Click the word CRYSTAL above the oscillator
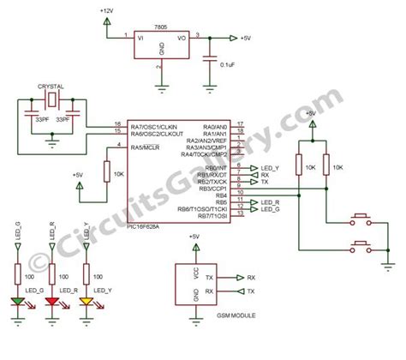point(51,87)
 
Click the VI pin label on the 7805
point(142,37)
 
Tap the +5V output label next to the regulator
point(245,38)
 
